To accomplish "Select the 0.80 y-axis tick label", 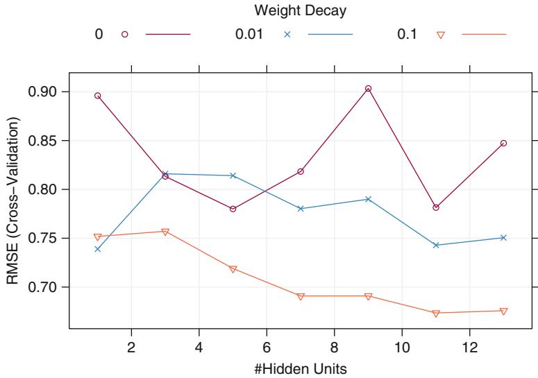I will (x=46, y=189).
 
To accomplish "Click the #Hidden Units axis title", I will (x=301, y=368).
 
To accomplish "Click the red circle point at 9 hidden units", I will (x=369, y=89).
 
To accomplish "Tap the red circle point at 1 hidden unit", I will (x=98, y=96).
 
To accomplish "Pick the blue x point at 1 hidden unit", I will (x=98, y=249).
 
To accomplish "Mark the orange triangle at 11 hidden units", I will (x=436, y=313).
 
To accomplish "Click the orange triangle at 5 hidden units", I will (x=233, y=268).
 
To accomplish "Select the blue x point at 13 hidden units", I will (x=504, y=237).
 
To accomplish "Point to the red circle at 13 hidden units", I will (x=504, y=144).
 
